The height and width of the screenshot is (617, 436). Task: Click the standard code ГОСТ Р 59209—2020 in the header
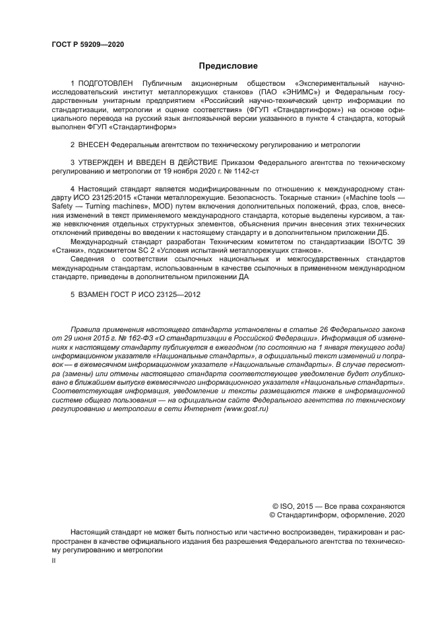click(x=87, y=44)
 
